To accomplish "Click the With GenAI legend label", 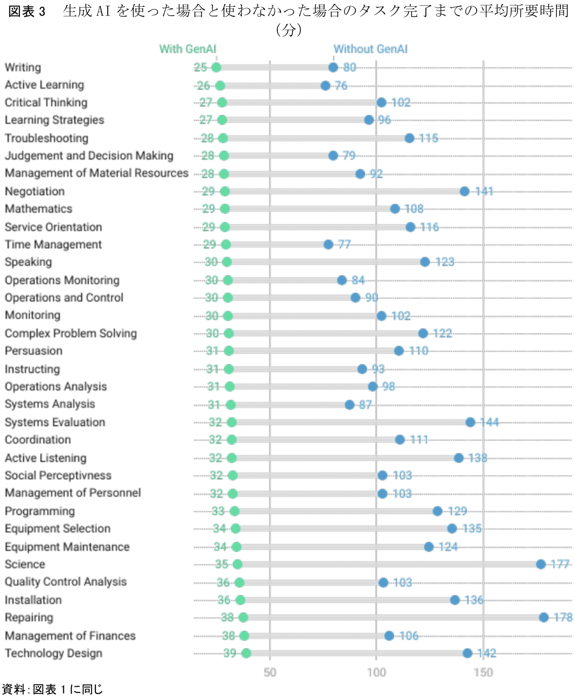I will [x=188, y=49].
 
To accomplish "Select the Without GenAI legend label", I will [x=370, y=49].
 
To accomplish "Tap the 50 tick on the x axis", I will [x=270, y=673].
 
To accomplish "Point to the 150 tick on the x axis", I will [x=483, y=673].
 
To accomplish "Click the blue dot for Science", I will [x=541, y=564].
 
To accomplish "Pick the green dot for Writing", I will [x=216, y=68].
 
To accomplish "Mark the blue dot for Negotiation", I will [x=464, y=192].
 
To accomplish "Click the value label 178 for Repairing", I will [x=563, y=618].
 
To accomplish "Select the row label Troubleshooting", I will [x=47, y=138].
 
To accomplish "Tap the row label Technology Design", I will [x=54, y=654].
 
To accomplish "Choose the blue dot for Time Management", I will [x=328, y=245].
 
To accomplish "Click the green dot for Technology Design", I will [x=246, y=654].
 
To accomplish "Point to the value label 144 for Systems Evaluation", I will [x=489, y=423].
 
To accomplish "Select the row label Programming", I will [x=40, y=511].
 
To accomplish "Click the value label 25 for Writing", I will [x=200, y=68].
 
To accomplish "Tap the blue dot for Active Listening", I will [x=459, y=458].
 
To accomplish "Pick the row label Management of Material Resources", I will [x=96, y=174].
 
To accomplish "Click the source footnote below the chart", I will [x=53, y=689].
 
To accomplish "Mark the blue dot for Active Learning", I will [x=326, y=86].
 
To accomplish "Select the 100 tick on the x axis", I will [x=376, y=673].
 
